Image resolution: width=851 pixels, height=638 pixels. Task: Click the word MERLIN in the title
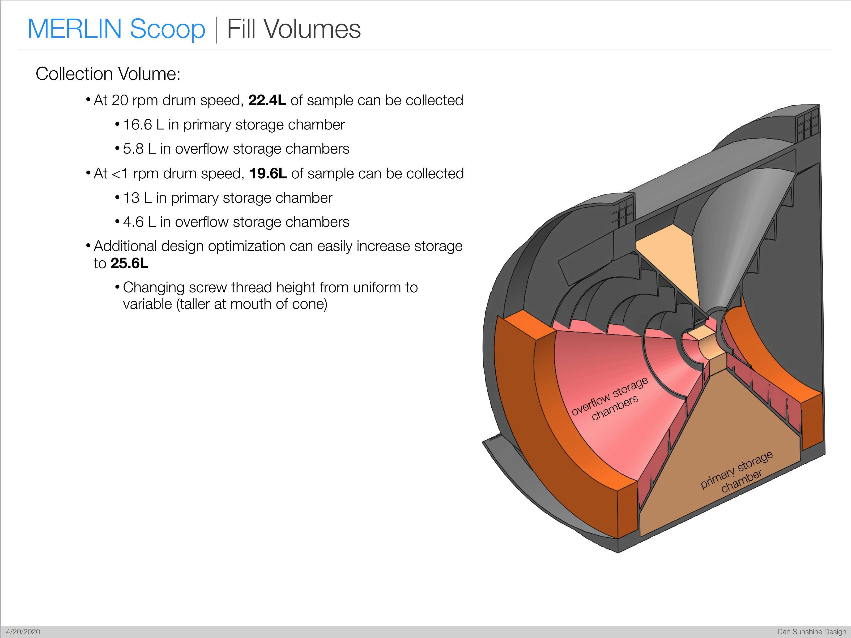(75, 29)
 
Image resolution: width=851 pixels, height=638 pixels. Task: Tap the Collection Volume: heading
(108, 73)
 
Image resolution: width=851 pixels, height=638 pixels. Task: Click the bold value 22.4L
(267, 100)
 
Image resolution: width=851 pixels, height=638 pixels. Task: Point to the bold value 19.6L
(268, 173)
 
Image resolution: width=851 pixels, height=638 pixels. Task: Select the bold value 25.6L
(129, 263)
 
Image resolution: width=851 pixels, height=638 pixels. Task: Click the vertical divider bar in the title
(216, 30)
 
